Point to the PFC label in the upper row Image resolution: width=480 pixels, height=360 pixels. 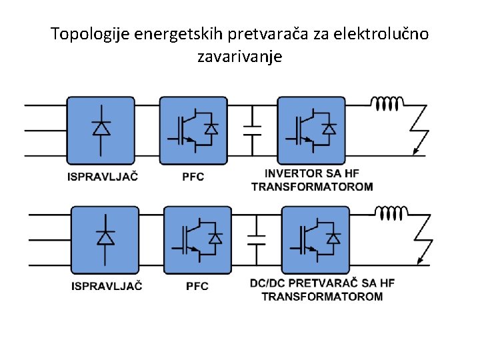(x=193, y=177)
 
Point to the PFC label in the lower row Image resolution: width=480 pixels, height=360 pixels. (x=197, y=286)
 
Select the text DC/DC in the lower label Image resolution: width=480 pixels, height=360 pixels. (x=269, y=283)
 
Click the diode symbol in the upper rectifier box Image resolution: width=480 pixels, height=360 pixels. (x=101, y=128)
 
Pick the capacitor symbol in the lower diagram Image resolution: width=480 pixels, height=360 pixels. (x=256, y=239)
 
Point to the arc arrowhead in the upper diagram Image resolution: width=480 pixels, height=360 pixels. (x=416, y=152)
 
